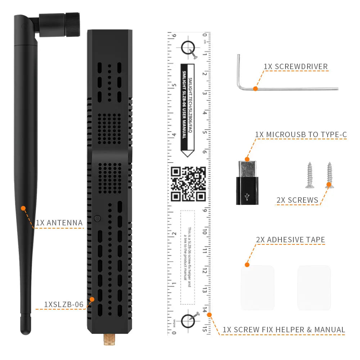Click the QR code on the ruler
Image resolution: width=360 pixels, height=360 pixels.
coord(188,184)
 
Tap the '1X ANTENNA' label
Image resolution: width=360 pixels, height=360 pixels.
coord(59,223)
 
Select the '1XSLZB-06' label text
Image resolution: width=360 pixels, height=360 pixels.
coord(64,305)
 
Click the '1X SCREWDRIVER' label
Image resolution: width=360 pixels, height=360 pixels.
coord(296,66)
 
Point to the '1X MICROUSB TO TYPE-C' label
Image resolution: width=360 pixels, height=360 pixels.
coord(301,135)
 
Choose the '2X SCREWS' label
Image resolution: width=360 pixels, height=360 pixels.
coord(297,200)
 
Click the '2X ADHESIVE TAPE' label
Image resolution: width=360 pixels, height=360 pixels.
coord(291,240)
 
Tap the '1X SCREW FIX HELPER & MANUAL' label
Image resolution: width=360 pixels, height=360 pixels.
coord(284,330)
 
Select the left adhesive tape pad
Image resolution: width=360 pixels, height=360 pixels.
coord(257,288)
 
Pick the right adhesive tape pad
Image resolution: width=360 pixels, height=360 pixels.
coord(314,288)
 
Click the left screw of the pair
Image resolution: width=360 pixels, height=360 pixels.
coord(309,175)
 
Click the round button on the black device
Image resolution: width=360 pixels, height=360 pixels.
coord(97,218)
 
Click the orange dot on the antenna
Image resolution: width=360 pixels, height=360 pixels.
coord(23,208)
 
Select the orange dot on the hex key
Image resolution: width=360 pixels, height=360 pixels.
coord(255,88)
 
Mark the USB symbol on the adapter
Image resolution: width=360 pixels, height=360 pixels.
coord(247,197)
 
